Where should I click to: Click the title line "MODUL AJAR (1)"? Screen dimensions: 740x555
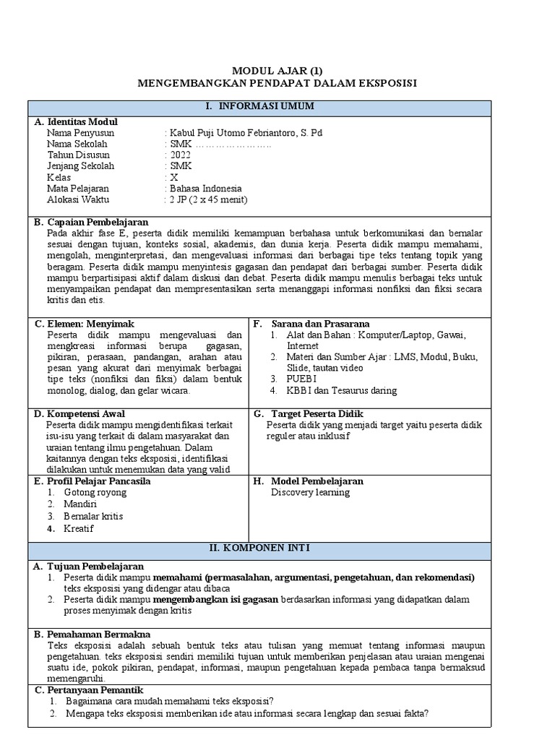[x=277, y=71]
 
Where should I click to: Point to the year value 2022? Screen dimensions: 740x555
[x=179, y=155]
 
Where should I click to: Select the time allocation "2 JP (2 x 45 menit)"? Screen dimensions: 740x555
[x=208, y=199]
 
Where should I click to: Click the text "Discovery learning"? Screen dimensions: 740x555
[x=310, y=492]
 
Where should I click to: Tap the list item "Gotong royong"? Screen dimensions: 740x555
[x=95, y=492]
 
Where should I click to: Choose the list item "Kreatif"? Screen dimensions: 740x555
[x=79, y=528]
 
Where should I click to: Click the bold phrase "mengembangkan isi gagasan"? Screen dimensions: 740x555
[x=215, y=599]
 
